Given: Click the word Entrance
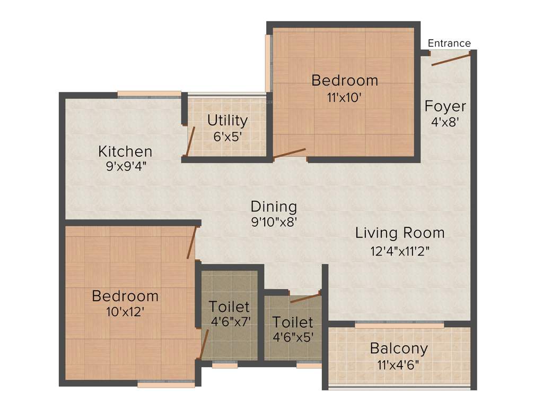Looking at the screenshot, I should tap(449, 43).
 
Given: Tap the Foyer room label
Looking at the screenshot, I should tap(445, 106).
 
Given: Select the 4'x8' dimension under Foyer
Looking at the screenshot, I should tap(445, 121).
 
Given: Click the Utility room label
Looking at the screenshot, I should tap(227, 120).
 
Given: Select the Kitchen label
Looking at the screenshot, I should tap(125, 151).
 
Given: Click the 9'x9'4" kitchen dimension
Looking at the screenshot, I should tap(126, 165).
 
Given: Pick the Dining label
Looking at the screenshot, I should tap(274, 206).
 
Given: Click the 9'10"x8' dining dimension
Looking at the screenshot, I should tap(274, 222).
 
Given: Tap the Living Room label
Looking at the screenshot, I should tap(400, 233).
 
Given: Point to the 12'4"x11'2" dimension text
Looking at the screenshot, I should tap(400, 250).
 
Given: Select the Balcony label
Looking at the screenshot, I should tap(399, 349).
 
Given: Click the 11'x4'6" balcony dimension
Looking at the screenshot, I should tap(399, 365).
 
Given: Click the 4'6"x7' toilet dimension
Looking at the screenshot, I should tap(229, 321).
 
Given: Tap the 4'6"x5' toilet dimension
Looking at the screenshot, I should tap(293, 337).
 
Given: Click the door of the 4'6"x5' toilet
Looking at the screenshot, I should tap(306, 296).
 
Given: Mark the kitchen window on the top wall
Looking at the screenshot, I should tap(149, 95).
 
